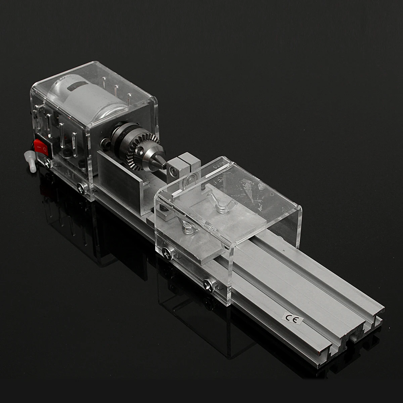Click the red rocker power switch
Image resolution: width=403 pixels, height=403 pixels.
(x=41, y=147)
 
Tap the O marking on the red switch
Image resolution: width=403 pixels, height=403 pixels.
(x=45, y=149)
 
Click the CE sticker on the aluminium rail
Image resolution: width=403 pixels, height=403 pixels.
(x=293, y=319)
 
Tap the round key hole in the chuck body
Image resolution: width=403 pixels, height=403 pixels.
(x=139, y=150)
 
